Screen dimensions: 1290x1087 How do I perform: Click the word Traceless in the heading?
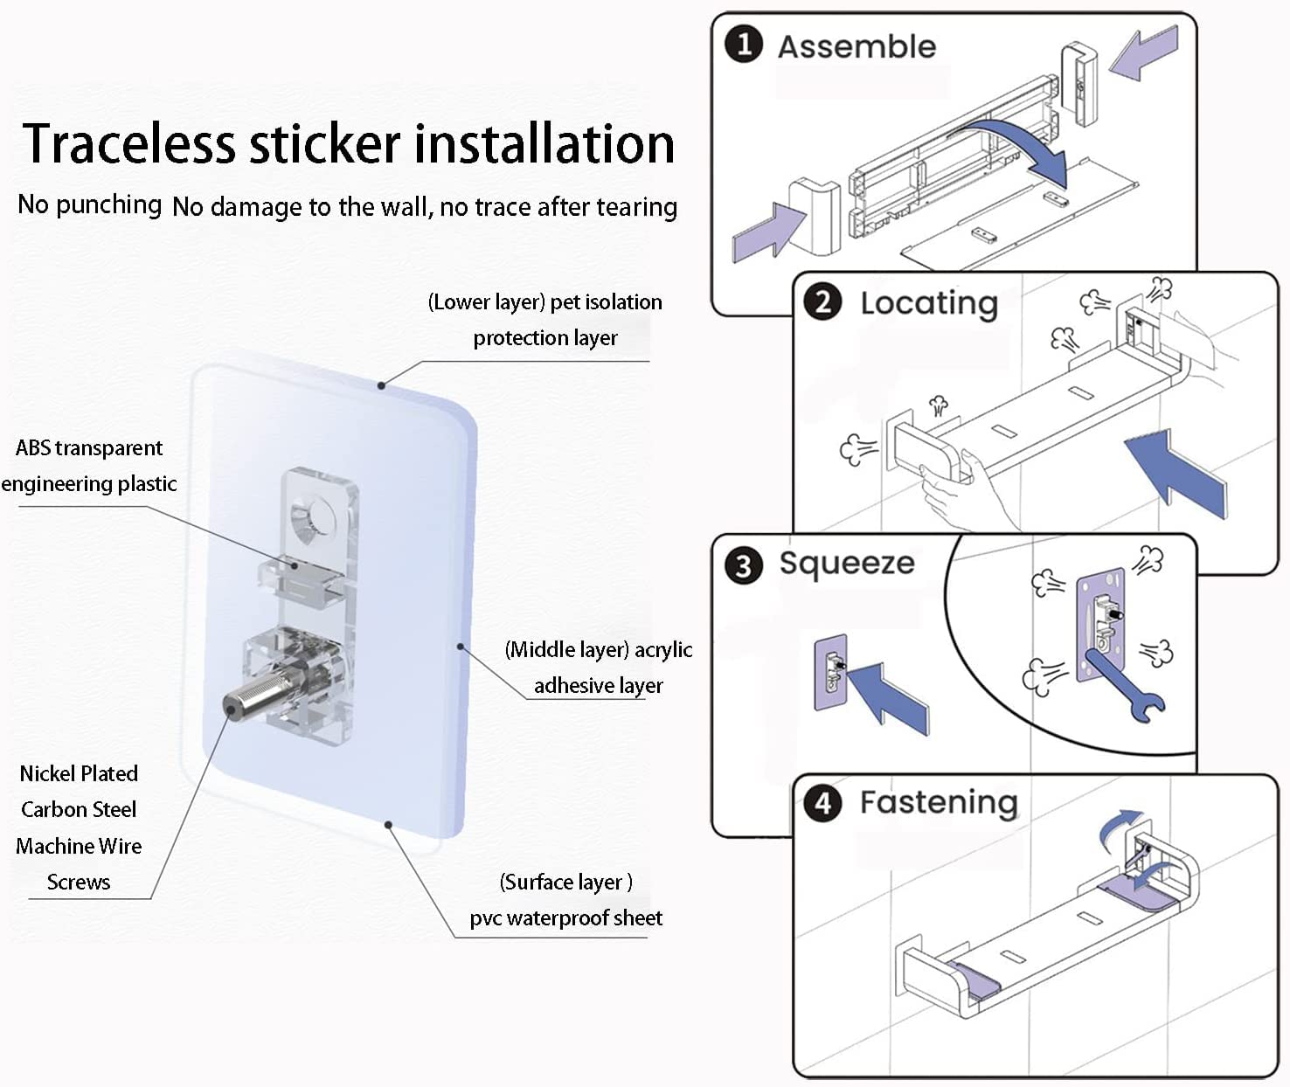pos(128,143)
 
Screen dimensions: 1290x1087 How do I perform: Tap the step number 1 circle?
pos(744,45)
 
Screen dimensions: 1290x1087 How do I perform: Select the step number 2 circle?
pos(822,302)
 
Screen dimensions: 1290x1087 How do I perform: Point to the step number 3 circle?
pos(744,565)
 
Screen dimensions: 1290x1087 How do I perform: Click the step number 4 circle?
pos(822,804)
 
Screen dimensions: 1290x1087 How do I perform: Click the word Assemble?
pos(857,47)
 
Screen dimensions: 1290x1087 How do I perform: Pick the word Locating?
pos(929,304)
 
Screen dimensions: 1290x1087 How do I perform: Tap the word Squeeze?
pos(846,564)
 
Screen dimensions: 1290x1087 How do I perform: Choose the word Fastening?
pos(939,803)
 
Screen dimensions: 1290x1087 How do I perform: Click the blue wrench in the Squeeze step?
pos(1117,682)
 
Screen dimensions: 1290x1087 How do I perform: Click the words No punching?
pos(89,204)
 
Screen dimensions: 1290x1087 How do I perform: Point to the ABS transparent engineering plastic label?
pos(89,466)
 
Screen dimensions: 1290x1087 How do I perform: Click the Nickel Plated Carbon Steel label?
pos(79,827)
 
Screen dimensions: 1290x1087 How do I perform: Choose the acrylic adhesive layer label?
pos(598,668)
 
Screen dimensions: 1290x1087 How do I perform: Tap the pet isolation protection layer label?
pos(544,320)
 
